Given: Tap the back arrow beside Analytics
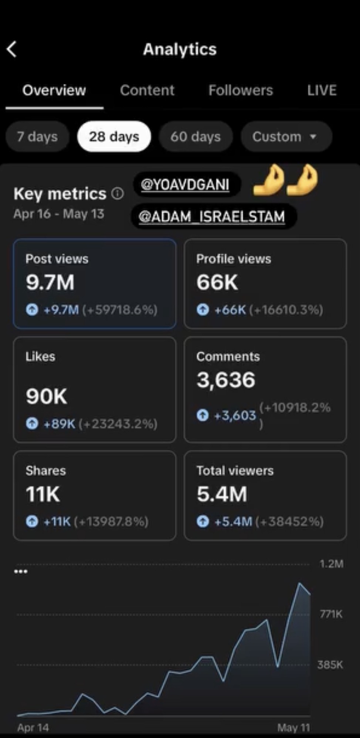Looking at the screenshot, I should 12,49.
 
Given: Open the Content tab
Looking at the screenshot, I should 147,90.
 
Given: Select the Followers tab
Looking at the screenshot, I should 241,90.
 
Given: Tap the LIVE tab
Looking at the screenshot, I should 322,90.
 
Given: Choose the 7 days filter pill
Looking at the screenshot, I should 37,137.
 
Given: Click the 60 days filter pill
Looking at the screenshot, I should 196,137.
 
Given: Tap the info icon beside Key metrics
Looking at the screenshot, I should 118,193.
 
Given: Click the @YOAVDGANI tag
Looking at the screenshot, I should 185,184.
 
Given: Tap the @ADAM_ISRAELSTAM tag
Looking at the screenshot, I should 212,216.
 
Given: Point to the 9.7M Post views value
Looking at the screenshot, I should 50,282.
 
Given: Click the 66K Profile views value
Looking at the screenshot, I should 217,282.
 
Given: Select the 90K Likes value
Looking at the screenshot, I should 47,396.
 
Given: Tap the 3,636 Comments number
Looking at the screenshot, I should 226,380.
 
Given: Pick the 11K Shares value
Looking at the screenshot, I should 43,494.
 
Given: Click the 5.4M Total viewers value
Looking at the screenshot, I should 222,494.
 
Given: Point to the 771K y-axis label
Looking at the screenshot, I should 331,614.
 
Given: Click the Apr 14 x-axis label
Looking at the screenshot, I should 33,728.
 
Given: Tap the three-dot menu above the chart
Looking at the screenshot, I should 21,572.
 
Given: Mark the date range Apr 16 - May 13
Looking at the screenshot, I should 59,214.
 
